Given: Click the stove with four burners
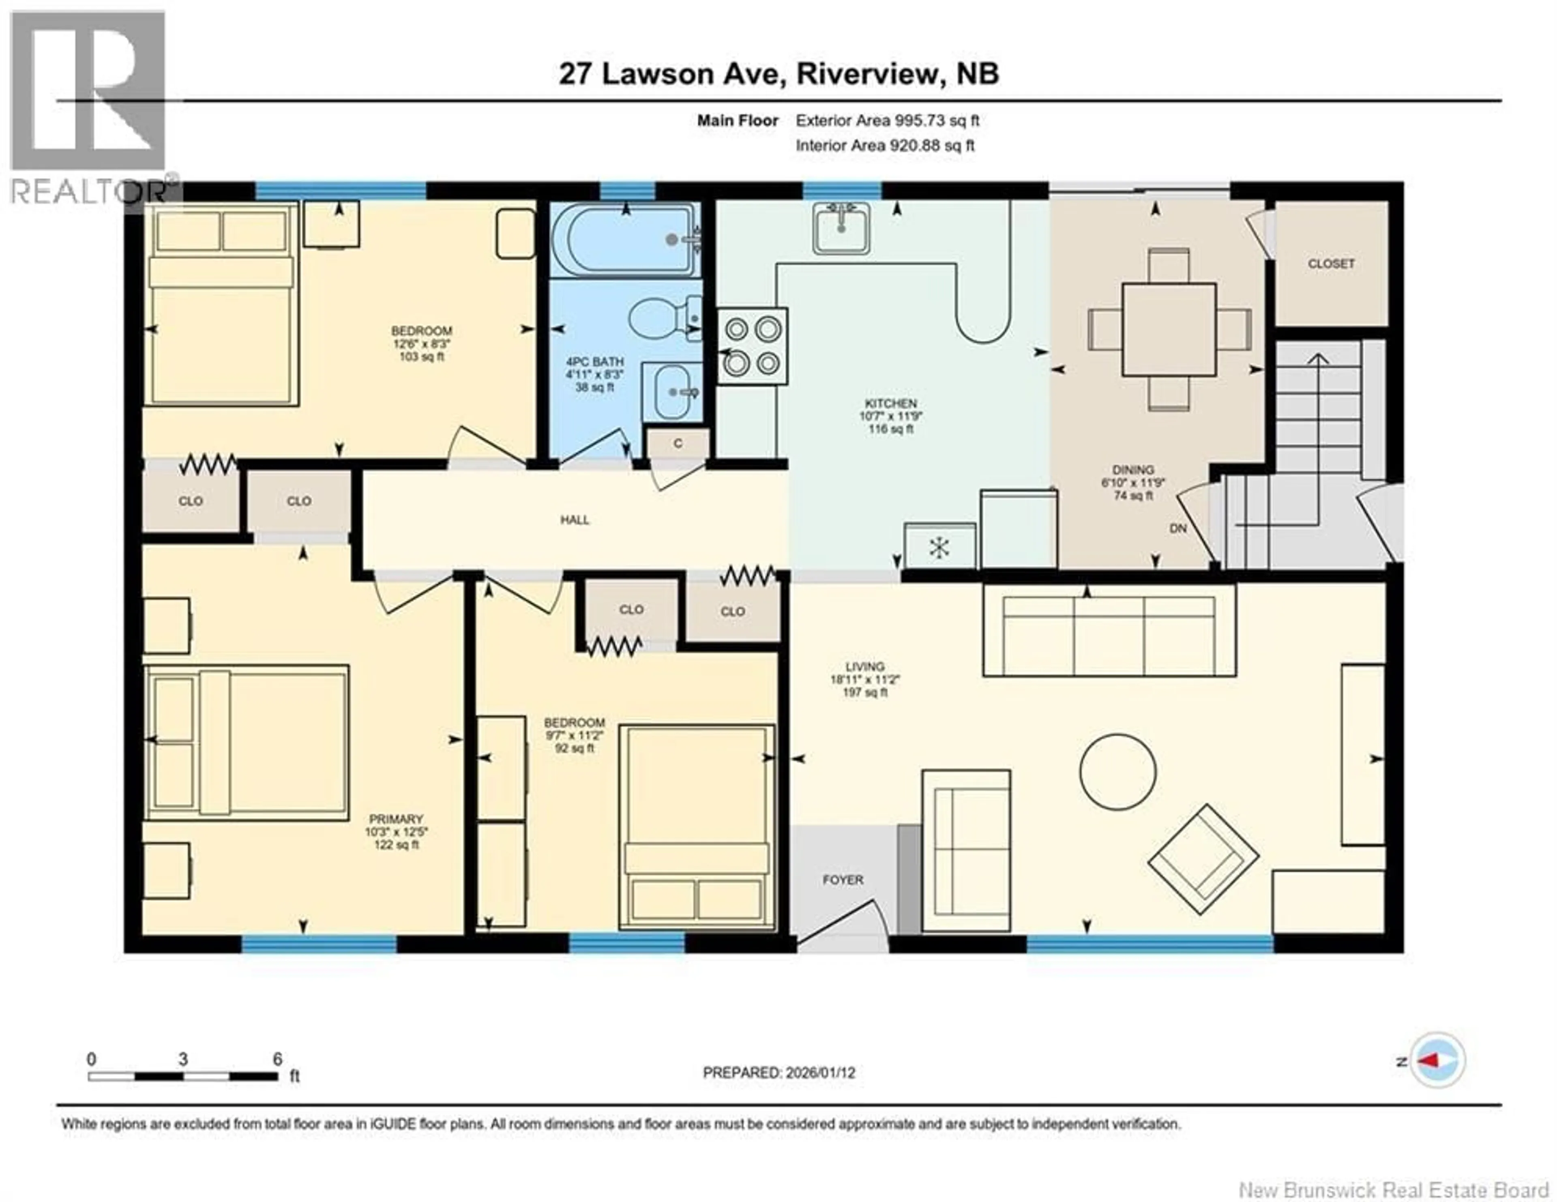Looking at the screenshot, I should click(x=752, y=346).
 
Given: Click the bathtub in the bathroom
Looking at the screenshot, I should click(x=624, y=240).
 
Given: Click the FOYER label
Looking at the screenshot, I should click(x=843, y=880).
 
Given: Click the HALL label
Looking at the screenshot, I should click(x=575, y=520).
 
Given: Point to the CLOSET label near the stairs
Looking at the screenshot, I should click(x=1330, y=264).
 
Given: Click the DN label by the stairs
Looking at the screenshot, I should click(x=1178, y=528).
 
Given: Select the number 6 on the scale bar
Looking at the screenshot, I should click(x=277, y=1059).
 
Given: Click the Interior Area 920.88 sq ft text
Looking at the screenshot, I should click(x=885, y=146).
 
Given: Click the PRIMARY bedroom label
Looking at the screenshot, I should click(x=397, y=819).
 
